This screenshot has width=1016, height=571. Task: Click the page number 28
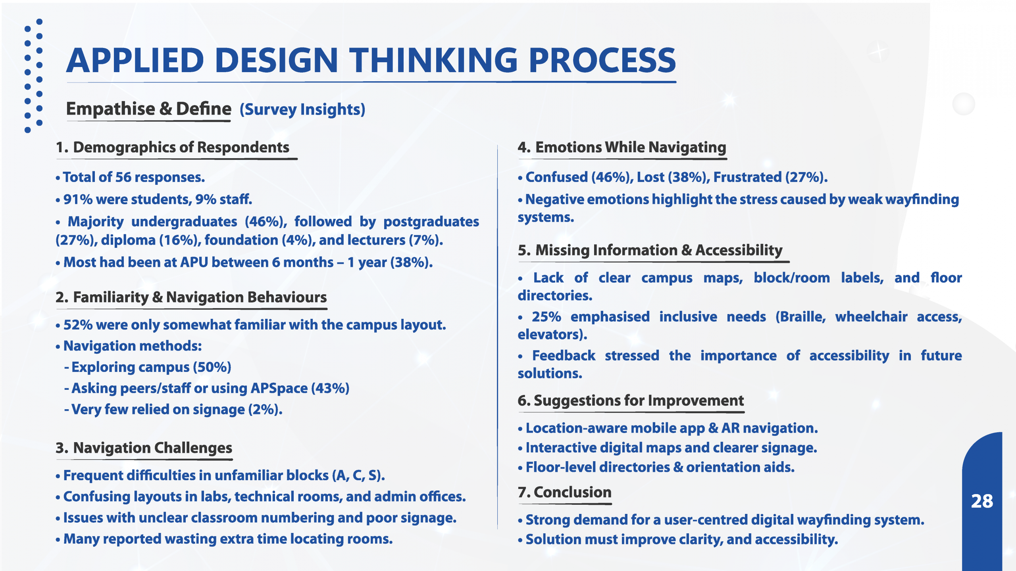point(982,501)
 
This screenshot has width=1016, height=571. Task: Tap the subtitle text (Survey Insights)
point(302,109)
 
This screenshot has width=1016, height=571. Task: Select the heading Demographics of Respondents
point(181,148)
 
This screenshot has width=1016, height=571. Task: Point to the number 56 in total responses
point(123,177)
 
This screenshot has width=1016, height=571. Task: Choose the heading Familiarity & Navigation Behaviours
point(200,297)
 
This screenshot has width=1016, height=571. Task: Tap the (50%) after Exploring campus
point(212,367)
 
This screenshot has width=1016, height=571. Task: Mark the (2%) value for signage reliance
point(265,410)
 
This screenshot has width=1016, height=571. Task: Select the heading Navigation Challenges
point(152,448)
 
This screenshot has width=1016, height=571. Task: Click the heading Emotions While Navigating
point(631,148)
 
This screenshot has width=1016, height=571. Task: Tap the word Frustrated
point(747,177)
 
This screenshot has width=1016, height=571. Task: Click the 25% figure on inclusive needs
point(546,317)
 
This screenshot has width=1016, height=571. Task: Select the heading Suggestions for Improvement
point(639,401)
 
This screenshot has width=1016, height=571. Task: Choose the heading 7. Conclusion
point(564,492)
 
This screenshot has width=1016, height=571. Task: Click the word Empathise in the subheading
point(110,109)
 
